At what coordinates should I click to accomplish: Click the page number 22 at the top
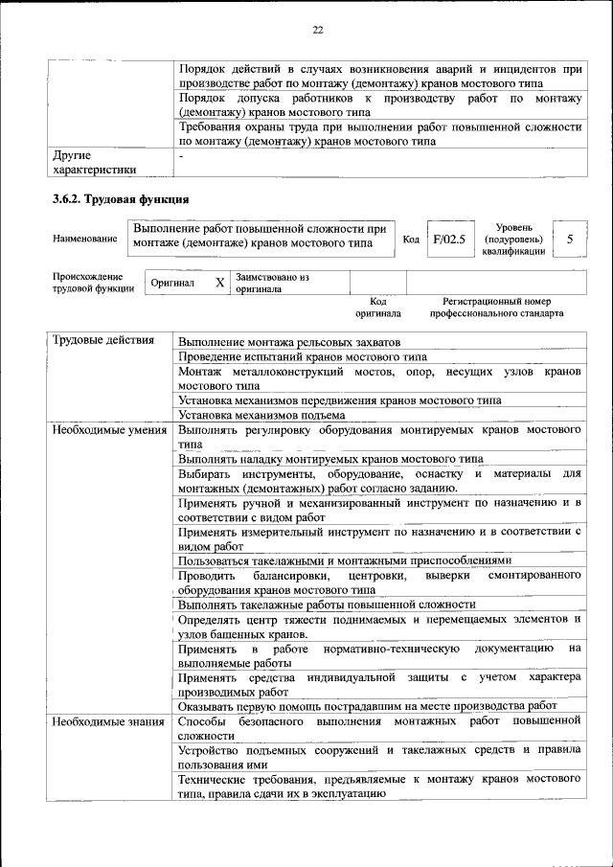coord(317,30)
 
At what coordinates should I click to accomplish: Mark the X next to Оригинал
coord(219,284)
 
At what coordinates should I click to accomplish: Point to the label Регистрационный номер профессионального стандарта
coord(496,308)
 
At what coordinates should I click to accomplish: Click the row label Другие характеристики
coord(94,162)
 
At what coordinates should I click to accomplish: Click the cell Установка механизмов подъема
coord(261,415)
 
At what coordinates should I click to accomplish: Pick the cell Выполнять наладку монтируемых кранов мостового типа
coord(330,459)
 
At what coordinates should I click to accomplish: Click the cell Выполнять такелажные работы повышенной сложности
coord(326,605)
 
